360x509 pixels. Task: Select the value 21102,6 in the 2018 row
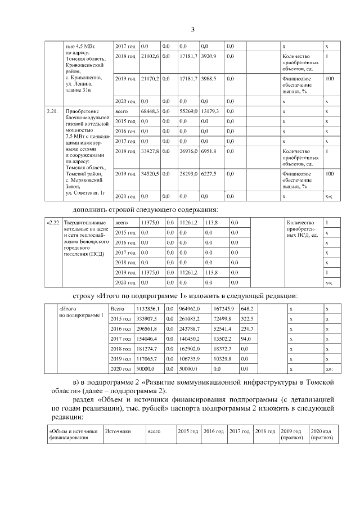click(150, 57)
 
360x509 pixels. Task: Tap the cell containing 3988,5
click(209, 79)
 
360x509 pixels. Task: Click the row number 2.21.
click(52, 111)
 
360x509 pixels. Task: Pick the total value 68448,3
click(150, 111)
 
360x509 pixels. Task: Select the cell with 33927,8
click(150, 151)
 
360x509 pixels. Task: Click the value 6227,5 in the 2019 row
click(209, 174)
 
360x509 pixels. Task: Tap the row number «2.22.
click(53, 223)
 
